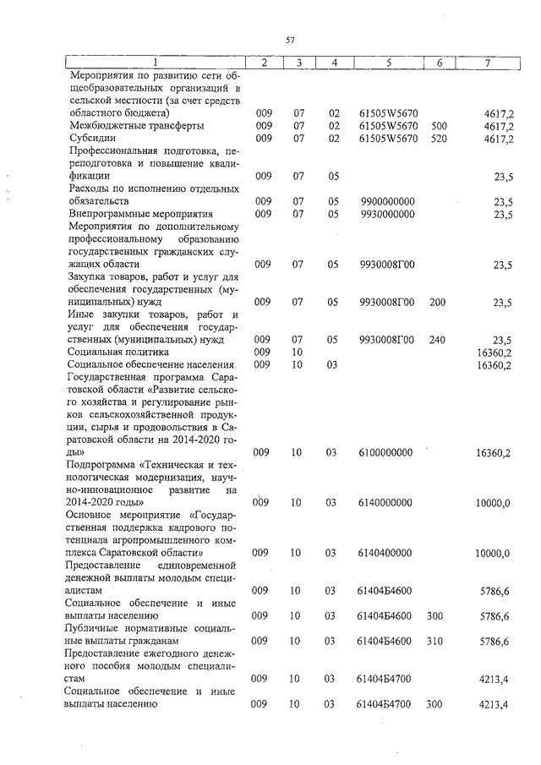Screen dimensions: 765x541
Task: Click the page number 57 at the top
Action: pos(290,40)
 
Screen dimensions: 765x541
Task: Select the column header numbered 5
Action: pos(388,63)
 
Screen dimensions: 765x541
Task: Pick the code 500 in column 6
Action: pos(439,126)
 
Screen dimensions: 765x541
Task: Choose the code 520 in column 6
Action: pos(439,139)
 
